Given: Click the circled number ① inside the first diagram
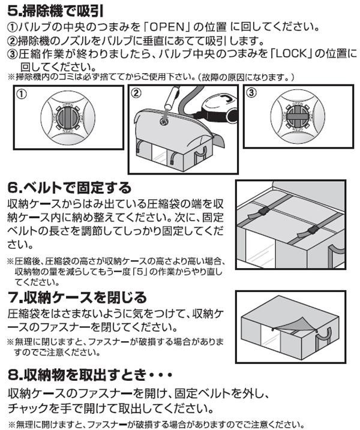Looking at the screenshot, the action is click(x=22, y=94).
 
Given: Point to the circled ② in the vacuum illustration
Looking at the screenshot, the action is click(x=136, y=93).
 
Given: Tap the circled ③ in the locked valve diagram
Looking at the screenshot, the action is click(x=251, y=92).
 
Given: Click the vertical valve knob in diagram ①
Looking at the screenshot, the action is click(x=68, y=117).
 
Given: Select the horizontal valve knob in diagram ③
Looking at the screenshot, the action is click(x=298, y=117).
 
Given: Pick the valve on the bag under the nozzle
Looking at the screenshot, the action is click(x=164, y=122).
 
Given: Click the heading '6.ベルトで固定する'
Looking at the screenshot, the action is click(x=70, y=188).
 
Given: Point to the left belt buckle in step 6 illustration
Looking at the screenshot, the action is click(x=263, y=212).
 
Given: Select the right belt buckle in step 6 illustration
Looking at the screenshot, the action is click(x=313, y=230).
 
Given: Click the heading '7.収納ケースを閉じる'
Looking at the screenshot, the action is click(x=77, y=297).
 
